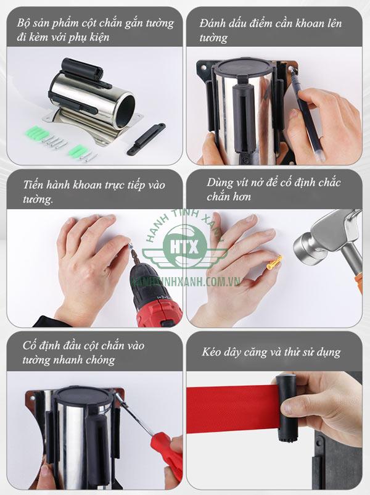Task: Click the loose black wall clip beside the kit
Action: click(146, 138)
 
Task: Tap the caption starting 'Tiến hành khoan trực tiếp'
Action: click(92, 191)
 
